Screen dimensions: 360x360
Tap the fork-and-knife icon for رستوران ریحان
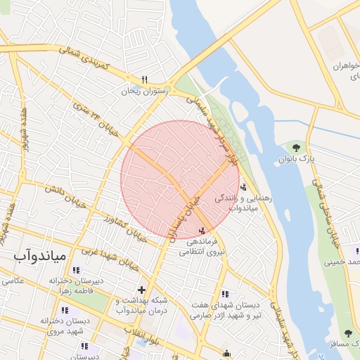[x=145, y=79]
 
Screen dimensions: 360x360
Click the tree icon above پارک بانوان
[x=296, y=148]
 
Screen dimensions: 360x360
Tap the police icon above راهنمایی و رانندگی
[x=243, y=187]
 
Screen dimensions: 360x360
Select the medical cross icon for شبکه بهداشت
[x=141, y=289]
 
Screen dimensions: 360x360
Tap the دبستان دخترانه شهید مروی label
[x=62, y=326]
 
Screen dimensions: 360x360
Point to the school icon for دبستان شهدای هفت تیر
[x=224, y=294]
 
